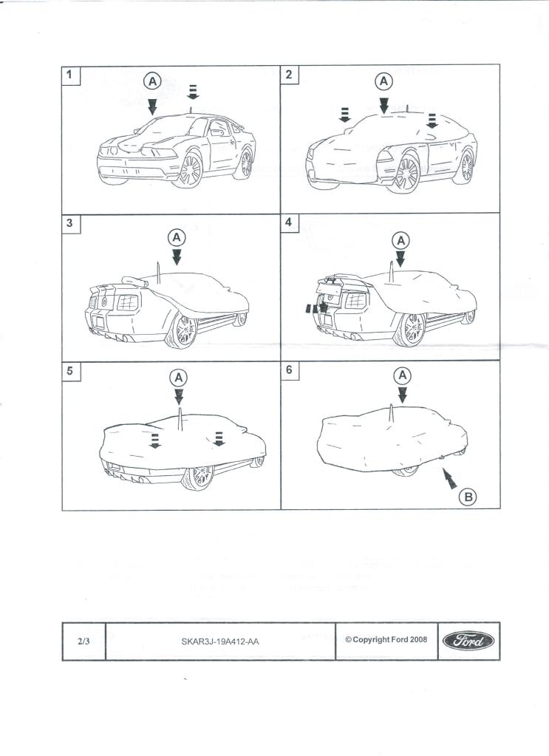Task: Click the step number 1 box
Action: pyautogui.click(x=69, y=74)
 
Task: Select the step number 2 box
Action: pyautogui.click(x=290, y=74)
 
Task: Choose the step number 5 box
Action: pyautogui.click(x=69, y=371)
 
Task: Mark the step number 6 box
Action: pyautogui.click(x=290, y=371)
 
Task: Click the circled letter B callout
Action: pyautogui.click(x=467, y=497)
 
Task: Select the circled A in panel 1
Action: pyautogui.click(x=151, y=81)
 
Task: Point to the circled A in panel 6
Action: pyautogui.click(x=402, y=375)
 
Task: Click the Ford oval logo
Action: pyautogui.click(x=467, y=641)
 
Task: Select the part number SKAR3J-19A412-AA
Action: pyautogui.click(x=220, y=641)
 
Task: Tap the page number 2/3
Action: pyautogui.click(x=83, y=641)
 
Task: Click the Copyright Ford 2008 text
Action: pyautogui.click(x=386, y=640)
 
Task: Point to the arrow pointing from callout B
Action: pyautogui.click(x=448, y=480)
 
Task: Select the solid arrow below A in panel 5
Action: pyautogui.click(x=178, y=398)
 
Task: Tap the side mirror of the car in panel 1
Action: pyautogui.click(x=216, y=133)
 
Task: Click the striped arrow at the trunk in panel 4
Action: pyautogui.click(x=316, y=308)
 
